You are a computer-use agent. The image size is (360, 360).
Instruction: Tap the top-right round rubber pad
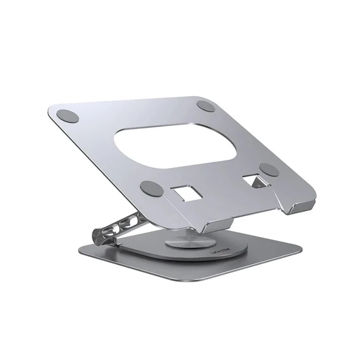click(x=206, y=106)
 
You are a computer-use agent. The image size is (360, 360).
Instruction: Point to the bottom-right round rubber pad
click(x=268, y=170)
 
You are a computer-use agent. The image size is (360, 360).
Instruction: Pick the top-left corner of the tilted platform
click(x=50, y=110)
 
